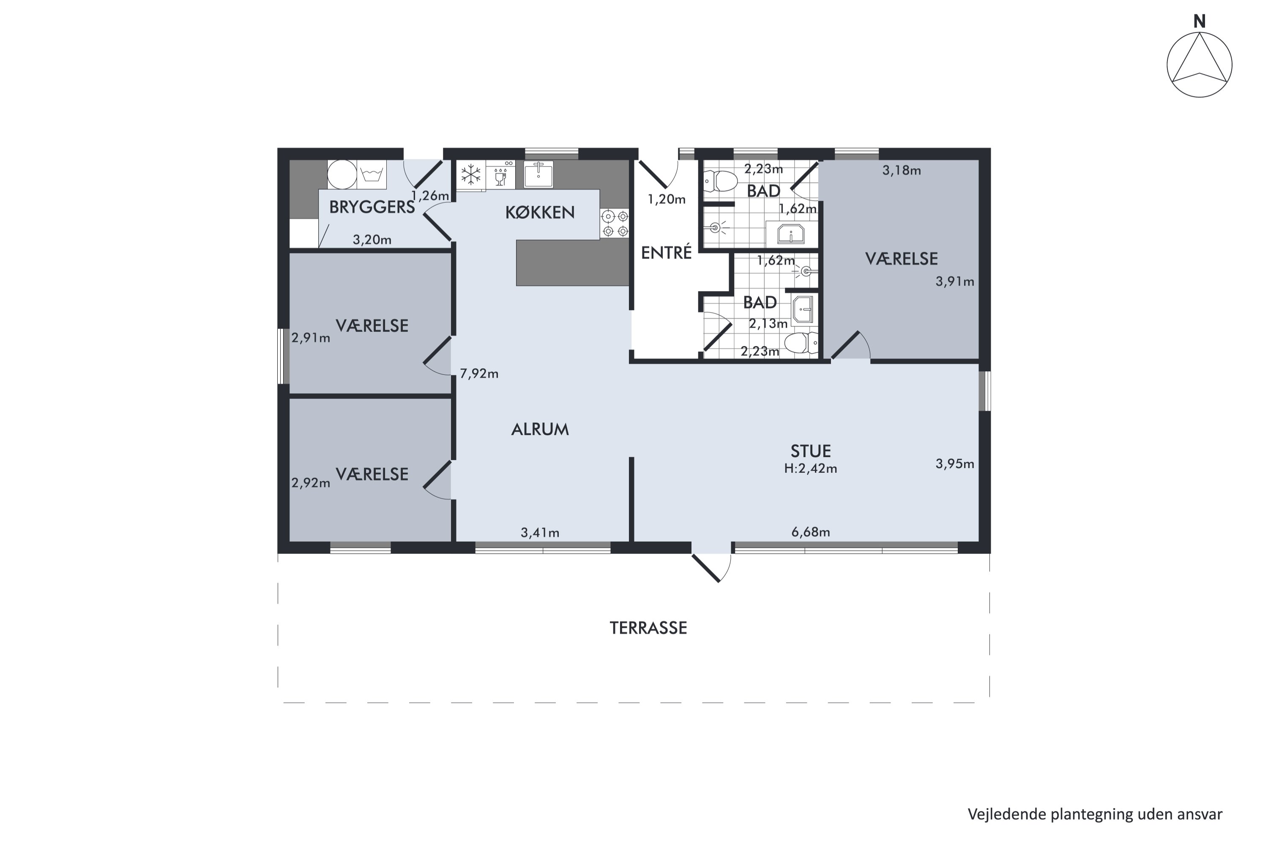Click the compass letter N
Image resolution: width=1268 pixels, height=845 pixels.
(x=1199, y=22)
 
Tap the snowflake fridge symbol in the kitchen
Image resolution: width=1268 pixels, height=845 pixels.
(x=471, y=174)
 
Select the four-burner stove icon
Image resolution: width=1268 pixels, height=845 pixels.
(x=615, y=224)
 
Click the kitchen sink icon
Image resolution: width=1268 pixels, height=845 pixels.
(x=538, y=174)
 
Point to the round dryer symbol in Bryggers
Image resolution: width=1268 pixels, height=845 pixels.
(x=342, y=174)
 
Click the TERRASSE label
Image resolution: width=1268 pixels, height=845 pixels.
(x=648, y=628)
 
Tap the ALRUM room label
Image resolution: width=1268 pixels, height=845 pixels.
(x=540, y=430)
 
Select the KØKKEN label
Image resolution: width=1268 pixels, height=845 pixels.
(x=540, y=213)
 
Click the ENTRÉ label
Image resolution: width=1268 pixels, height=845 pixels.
(x=667, y=253)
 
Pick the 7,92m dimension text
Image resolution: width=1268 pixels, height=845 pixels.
(x=479, y=373)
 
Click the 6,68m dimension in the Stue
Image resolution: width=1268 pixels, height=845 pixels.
(x=810, y=532)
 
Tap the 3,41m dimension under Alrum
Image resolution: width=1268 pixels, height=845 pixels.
(x=540, y=533)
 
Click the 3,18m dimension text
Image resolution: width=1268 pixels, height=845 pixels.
(x=902, y=171)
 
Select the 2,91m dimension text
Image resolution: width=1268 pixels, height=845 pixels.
(x=311, y=338)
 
